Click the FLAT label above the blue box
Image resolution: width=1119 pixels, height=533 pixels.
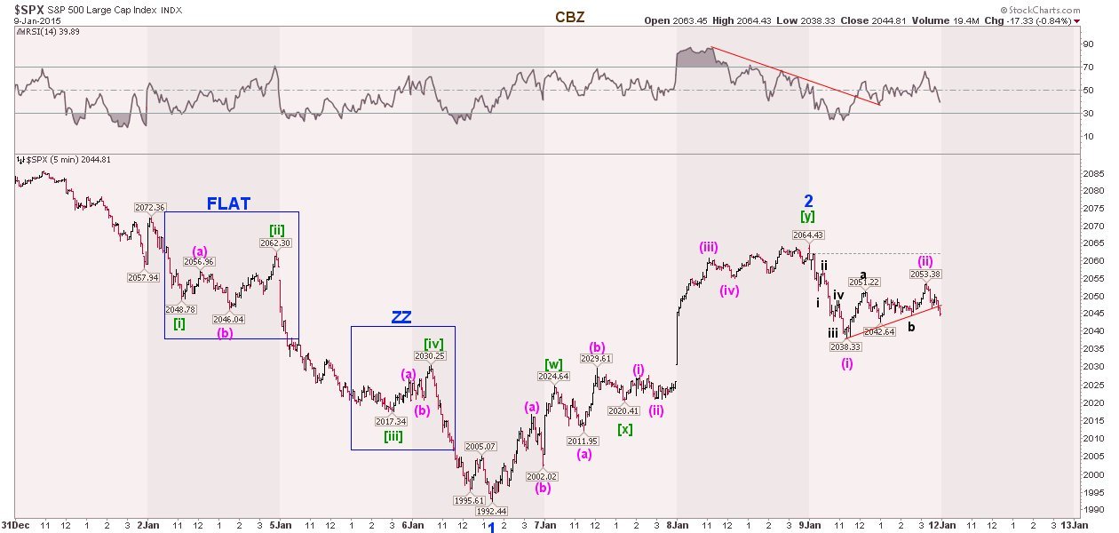click(x=228, y=203)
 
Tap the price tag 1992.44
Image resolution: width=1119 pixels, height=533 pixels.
click(x=491, y=511)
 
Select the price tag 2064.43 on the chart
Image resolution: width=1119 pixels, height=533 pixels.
click(x=809, y=235)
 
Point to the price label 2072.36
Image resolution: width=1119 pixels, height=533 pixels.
click(x=150, y=208)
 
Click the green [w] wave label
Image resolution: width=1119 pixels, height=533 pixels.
click(x=553, y=363)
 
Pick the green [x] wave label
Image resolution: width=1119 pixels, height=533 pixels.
click(x=625, y=429)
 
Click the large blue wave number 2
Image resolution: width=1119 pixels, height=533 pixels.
click(x=808, y=201)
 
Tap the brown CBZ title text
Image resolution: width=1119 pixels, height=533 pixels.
click(x=569, y=17)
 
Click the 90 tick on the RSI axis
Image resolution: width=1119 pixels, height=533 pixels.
click(x=1085, y=44)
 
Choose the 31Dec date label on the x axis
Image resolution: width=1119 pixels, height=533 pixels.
click(x=15, y=526)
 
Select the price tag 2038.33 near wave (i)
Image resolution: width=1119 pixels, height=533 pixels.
click(x=846, y=347)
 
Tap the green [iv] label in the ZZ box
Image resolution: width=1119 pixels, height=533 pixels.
click(x=433, y=343)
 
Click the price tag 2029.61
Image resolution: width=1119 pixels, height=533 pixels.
click(x=596, y=359)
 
